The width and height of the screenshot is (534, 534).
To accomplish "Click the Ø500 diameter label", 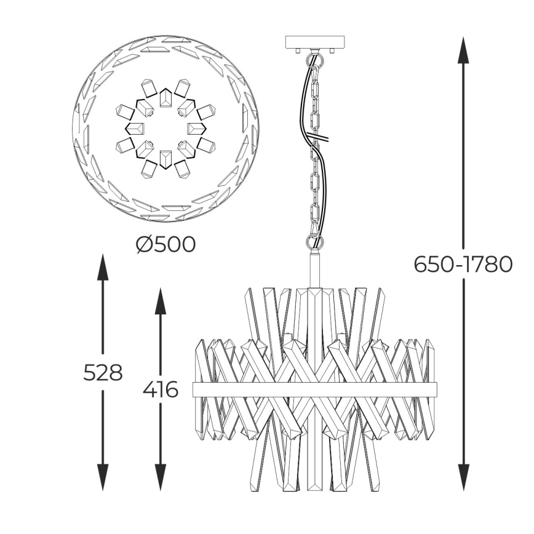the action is [x=165, y=244].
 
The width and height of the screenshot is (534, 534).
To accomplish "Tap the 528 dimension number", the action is [x=103, y=372].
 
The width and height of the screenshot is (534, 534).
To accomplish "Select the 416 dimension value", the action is [x=161, y=389].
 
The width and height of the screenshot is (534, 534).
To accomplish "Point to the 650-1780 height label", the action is [x=463, y=265].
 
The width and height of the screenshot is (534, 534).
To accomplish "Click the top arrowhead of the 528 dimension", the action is [x=103, y=267].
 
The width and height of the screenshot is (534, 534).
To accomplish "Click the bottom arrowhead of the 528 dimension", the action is [x=103, y=477].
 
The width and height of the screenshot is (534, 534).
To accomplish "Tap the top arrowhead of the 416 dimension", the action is [x=161, y=301].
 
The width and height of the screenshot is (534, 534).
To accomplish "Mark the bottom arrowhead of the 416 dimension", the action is [x=161, y=477].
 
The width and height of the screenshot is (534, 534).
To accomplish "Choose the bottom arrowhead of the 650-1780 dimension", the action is [x=463, y=477].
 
